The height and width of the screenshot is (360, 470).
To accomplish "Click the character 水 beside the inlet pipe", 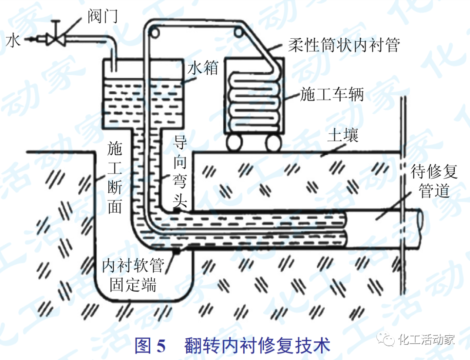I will coord(13,40).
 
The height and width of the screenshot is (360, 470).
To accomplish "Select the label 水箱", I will coord(203,67).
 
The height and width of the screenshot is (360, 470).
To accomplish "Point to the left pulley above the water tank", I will coord(153,31).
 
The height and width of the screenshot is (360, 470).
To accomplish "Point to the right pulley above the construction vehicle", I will coord(238,31).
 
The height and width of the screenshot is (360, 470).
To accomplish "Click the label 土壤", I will coord(343,136).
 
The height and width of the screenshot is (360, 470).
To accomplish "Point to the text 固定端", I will coord(133,285).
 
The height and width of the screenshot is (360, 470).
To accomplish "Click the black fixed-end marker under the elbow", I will coord(176,251).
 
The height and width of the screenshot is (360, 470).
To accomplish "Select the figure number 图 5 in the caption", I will coord(151,346).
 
